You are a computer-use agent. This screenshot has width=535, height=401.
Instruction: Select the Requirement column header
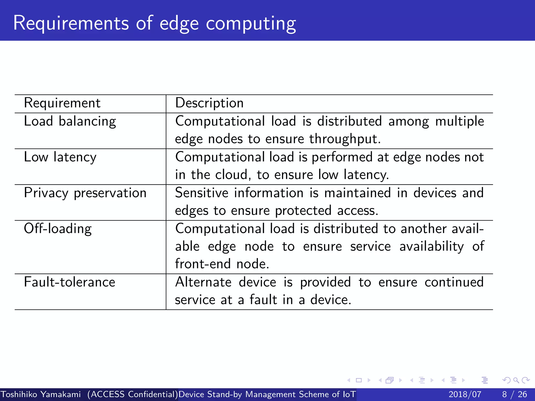point(62,103)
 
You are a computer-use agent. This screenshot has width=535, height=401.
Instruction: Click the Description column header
point(209,103)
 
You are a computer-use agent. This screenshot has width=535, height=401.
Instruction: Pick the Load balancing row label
point(70,121)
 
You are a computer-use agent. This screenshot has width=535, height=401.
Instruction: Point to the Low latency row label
point(60,157)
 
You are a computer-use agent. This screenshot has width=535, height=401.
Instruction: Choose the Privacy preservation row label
point(85,193)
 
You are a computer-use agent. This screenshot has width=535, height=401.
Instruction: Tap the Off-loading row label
point(58,229)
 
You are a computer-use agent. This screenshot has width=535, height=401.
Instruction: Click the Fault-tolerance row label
point(69,282)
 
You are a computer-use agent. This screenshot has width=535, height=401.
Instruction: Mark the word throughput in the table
point(345,139)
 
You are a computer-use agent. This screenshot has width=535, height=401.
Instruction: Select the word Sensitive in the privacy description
point(202,193)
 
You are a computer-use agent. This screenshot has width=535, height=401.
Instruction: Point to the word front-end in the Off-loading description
point(203,264)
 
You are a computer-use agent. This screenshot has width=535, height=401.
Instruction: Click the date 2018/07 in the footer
point(465,394)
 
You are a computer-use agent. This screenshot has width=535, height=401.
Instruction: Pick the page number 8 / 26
point(514,394)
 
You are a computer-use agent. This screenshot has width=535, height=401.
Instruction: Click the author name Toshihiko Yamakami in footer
point(41,394)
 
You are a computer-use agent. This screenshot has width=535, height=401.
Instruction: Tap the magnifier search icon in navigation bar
point(516,380)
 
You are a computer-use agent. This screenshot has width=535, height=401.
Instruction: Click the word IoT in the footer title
point(349,394)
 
